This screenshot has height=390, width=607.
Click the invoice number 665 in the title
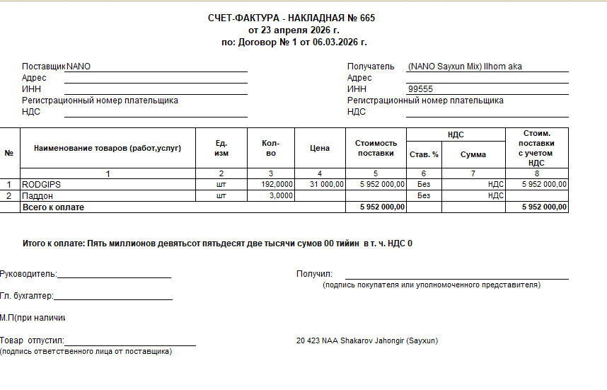[x=366, y=18]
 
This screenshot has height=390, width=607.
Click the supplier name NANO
[x=79, y=67]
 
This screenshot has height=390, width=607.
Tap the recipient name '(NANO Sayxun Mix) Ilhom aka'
[x=465, y=67]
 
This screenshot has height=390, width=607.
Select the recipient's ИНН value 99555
[x=420, y=89]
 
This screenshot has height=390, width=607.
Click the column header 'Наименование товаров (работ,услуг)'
[x=108, y=148]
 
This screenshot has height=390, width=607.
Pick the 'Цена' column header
[x=320, y=148]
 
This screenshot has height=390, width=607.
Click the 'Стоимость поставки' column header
[x=376, y=148]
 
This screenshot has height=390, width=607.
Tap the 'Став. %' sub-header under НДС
[x=424, y=154]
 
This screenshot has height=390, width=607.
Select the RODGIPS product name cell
[x=42, y=184]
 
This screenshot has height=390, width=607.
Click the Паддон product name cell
[x=38, y=195]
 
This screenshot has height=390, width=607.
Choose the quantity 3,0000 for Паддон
[x=281, y=195]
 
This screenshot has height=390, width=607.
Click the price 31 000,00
[x=326, y=184]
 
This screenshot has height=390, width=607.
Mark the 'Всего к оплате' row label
[x=53, y=207]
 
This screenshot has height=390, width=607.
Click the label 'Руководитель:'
[x=29, y=274]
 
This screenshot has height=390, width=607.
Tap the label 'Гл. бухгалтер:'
[x=27, y=296]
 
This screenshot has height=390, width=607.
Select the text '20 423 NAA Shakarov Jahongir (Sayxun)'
[x=367, y=340]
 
